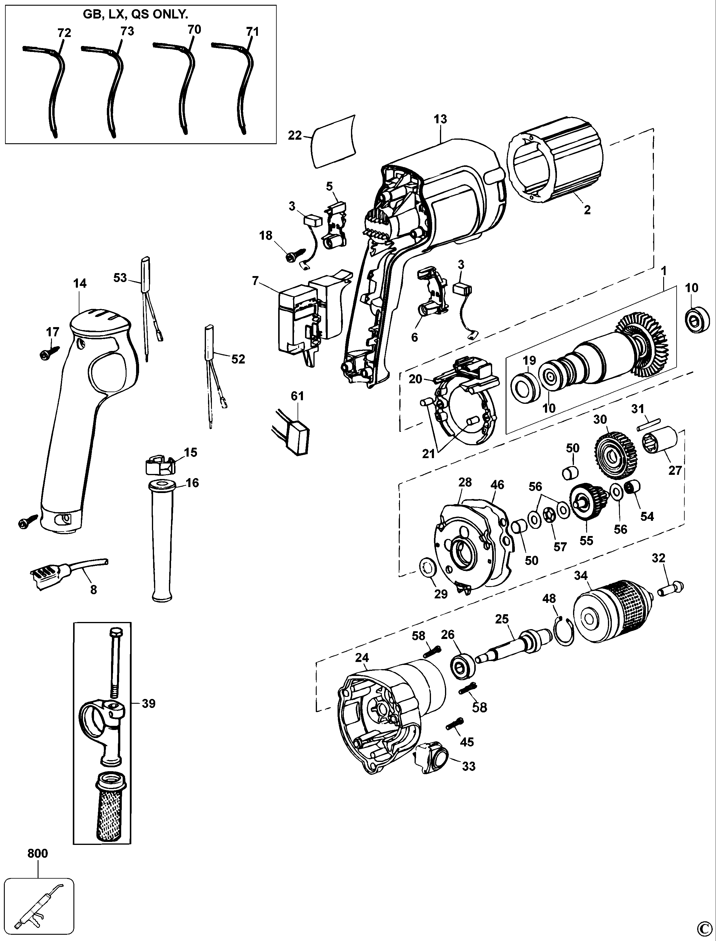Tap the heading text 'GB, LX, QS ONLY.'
point(135,15)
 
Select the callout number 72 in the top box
point(64,33)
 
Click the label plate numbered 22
point(334,142)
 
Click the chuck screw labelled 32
point(671,590)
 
